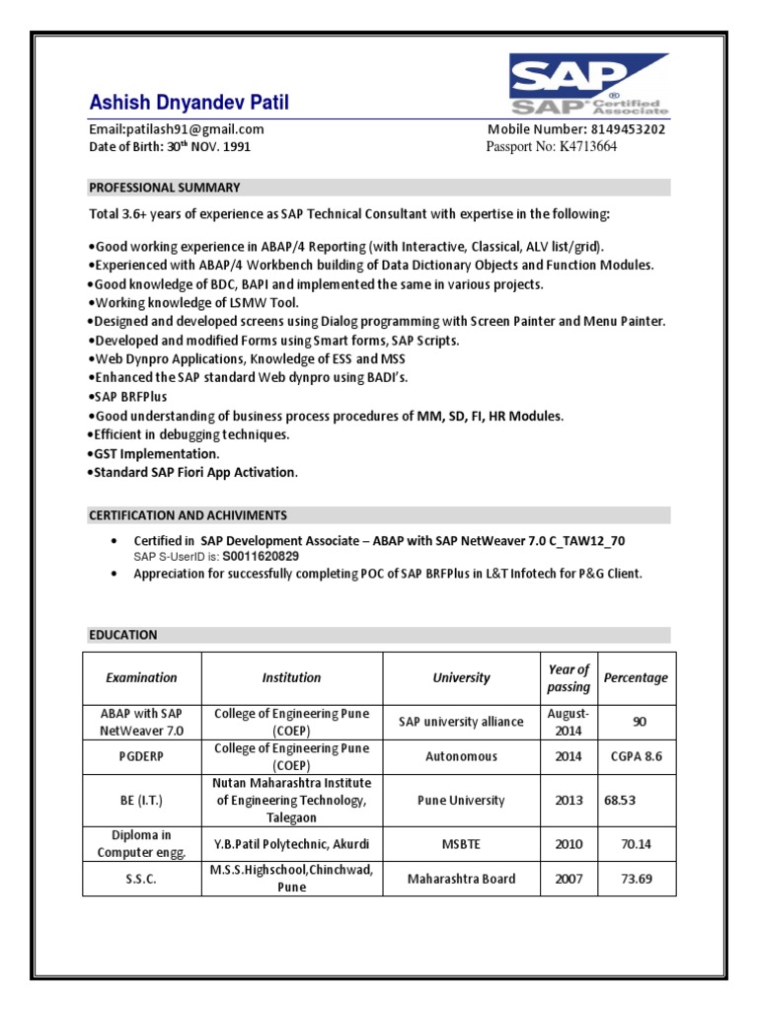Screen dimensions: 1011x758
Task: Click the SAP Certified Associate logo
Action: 589,86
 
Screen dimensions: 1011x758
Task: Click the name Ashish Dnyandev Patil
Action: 189,104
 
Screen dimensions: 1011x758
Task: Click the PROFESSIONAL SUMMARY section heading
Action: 165,188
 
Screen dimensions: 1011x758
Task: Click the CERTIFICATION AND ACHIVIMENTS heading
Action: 189,515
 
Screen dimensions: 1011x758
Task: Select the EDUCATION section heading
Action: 123,635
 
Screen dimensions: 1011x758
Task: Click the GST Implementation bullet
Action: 156,453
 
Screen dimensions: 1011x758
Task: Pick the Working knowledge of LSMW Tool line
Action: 194,303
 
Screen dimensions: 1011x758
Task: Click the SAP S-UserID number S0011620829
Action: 261,557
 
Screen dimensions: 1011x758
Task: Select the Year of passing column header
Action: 568,678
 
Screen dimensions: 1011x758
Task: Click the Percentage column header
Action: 636,678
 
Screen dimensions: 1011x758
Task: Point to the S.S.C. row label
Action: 141,879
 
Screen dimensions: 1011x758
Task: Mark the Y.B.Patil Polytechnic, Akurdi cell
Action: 291,844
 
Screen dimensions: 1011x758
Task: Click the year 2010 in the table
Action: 568,844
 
